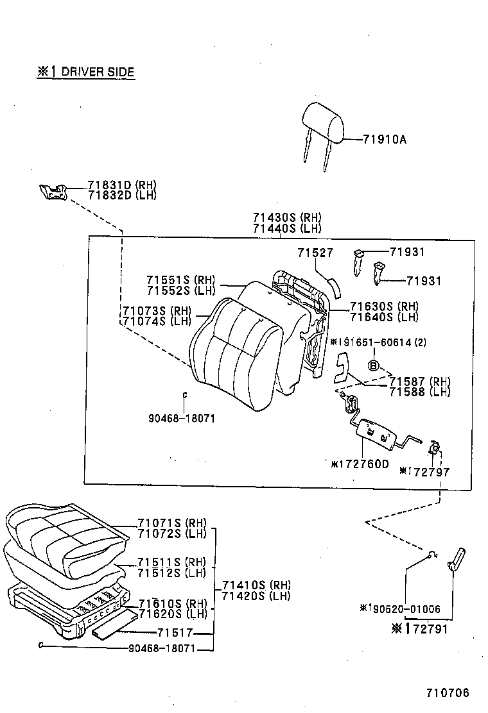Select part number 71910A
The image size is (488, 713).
click(385, 140)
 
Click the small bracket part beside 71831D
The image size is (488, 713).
click(53, 191)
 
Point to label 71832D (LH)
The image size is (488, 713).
click(122, 196)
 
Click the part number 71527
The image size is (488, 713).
click(315, 253)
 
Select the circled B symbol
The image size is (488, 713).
click(372, 365)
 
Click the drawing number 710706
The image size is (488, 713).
click(448, 692)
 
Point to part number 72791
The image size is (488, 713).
click(425, 629)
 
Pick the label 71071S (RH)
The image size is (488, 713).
click(171, 523)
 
